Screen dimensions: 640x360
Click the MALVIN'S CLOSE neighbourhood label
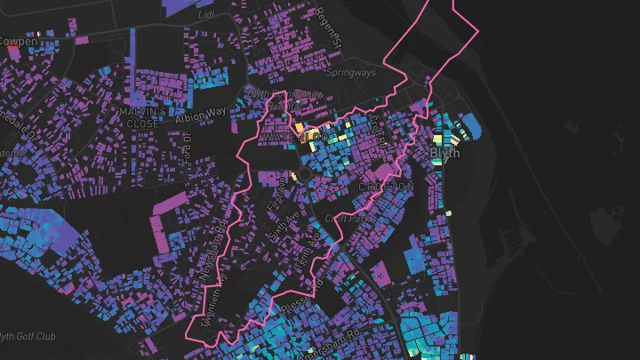click(x=141, y=117)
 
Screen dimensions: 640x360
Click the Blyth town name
click(x=445, y=153)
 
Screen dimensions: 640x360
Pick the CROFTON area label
click(x=387, y=187)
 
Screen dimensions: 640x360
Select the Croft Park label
click(x=349, y=217)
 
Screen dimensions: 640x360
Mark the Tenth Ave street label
click(x=304, y=250)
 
